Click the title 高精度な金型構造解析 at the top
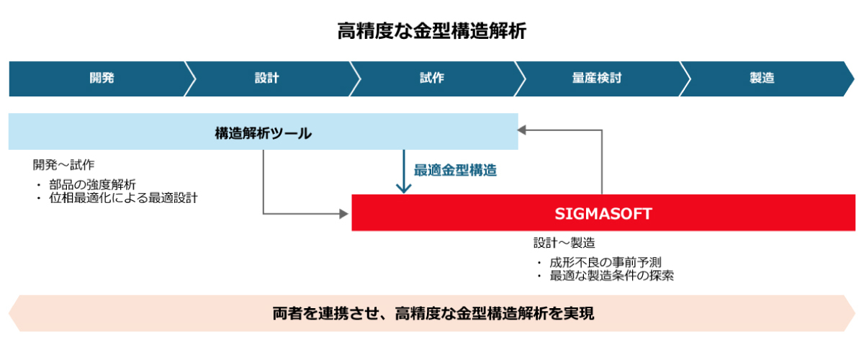click(432, 31)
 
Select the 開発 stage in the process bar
click(102, 78)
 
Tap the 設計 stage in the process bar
click(266, 78)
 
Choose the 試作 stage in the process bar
click(432, 78)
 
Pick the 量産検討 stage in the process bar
click(597, 78)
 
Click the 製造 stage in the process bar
click(762, 78)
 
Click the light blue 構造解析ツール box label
click(263, 132)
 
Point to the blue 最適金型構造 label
click(455, 171)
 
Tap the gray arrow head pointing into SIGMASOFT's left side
click(345, 214)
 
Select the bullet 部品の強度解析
click(92, 184)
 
